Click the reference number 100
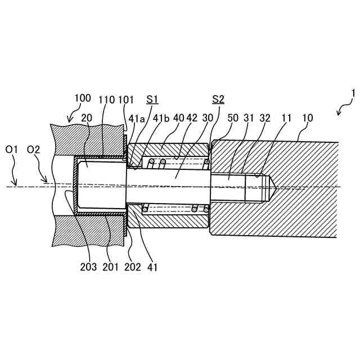pos(82,98)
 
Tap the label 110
pos(106,100)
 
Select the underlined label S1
pos(152,100)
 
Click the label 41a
pos(137,118)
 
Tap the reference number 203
pos(88,267)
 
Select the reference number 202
pos(133,267)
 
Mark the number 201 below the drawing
pos(110,267)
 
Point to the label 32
pos(265,118)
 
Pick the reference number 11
pos(287,118)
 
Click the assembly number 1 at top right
pos(353,93)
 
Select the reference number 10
pos(308,118)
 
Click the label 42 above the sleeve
pos(192,118)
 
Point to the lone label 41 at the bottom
pos(152,267)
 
